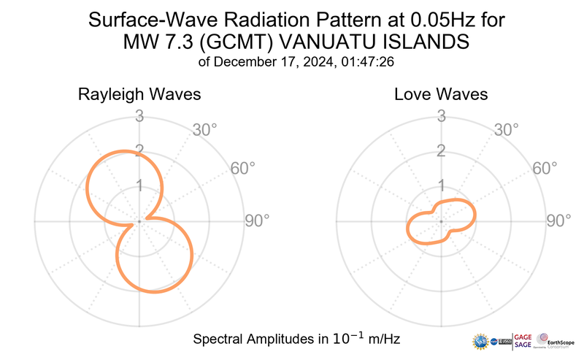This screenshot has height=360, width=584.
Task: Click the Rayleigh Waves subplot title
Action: (x=139, y=95)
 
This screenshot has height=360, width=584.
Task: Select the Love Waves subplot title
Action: (x=441, y=95)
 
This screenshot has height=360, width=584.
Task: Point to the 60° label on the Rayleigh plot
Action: (x=243, y=169)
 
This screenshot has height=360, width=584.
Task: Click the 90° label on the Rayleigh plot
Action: (x=257, y=221)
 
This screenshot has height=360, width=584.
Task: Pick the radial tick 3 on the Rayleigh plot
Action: (x=139, y=115)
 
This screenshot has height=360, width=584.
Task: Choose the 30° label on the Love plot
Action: (x=507, y=131)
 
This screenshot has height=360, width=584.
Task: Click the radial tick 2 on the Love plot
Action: (x=440, y=151)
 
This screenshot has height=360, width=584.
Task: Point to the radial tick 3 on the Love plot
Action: (x=440, y=115)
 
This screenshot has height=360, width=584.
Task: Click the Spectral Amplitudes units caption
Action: (x=296, y=340)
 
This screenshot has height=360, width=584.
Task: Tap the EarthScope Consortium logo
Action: (x=558, y=341)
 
